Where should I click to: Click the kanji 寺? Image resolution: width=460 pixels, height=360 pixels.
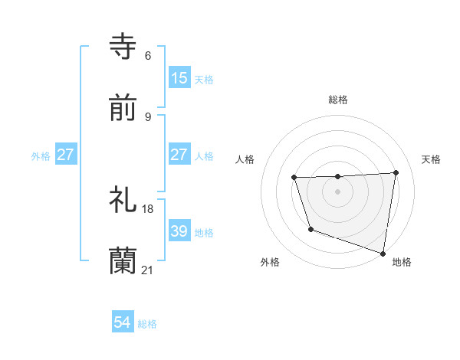[x=123, y=47]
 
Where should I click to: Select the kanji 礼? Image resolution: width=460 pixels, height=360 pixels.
[x=123, y=200]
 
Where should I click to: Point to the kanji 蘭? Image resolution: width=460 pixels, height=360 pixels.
[x=123, y=261]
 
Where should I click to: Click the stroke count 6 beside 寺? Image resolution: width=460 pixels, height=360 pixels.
[x=148, y=56]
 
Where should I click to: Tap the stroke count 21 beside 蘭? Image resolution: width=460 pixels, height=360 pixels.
[x=148, y=270]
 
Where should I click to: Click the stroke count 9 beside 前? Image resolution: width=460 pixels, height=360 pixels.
[x=148, y=117]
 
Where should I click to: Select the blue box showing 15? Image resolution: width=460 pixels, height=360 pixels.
[x=179, y=77]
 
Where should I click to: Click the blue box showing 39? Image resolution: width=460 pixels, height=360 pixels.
[x=179, y=231]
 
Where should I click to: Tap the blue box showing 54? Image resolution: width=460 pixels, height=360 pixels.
[x=123, y=322]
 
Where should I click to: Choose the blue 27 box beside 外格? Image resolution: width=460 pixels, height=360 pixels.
[x=66, y=154]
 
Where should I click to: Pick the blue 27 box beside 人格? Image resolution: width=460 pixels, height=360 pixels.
[x=179, y=154]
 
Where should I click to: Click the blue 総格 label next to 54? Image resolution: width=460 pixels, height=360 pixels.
[x=147, y=323]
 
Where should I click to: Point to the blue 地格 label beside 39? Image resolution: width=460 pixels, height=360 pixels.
[x=204, y=231]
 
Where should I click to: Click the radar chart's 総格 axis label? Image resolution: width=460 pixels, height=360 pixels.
[x=338, y=100]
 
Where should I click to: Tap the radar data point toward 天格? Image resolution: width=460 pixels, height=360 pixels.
[x=396, y=172]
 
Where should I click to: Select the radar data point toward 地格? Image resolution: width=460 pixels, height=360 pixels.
[x=384, y=253]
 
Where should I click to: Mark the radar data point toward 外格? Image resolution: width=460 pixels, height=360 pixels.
[x=310, y=229]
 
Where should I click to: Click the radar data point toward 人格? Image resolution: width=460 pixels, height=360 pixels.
[x=294, y=178]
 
